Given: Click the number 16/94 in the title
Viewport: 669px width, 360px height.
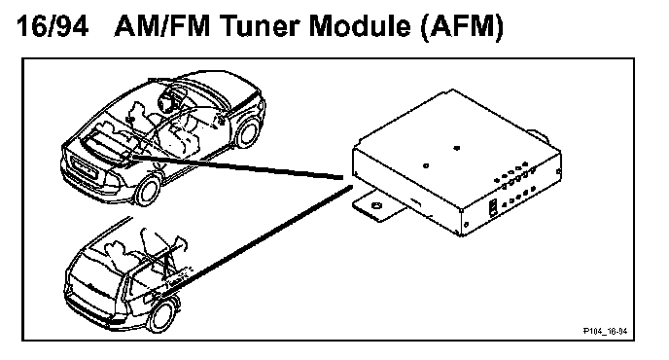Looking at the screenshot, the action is click(53, 26).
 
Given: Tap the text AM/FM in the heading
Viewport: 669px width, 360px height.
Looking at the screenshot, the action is click(163, 26).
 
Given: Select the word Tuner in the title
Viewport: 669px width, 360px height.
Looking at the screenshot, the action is click(260, 26).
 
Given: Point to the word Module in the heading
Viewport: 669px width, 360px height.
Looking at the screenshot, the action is click(360, 26).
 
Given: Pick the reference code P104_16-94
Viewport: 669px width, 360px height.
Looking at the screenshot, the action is click(605, 331).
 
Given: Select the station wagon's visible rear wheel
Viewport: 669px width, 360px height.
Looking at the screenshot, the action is click(162, 316).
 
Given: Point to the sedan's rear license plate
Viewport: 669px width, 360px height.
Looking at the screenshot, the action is click(86, 167).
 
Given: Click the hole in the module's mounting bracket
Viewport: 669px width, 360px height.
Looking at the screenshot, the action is click(376, 206).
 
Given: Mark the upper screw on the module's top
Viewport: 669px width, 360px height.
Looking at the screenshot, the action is click(456, 148).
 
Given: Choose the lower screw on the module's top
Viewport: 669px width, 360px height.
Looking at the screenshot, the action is click(425, 165).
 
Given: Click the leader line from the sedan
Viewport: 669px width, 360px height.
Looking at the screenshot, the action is click(237, 167).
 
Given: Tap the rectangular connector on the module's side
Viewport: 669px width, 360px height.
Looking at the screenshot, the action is click(492, 207).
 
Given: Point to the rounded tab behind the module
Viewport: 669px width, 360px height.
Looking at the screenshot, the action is click(539, 136).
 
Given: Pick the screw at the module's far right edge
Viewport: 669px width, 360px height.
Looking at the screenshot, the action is click(558, 171).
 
